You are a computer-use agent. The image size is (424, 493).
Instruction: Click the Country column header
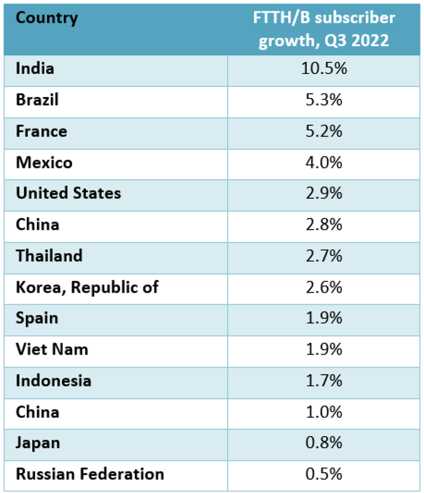[x=47, y=18]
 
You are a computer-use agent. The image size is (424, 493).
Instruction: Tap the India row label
[x=35, y=69]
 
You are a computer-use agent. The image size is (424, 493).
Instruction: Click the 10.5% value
[x=323, y=69]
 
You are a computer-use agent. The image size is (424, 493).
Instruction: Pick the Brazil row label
[x=37, y=100]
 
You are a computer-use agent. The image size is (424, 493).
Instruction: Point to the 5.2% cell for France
[x=323, y=131]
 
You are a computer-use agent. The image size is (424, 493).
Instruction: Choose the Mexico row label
[x=44, y=163]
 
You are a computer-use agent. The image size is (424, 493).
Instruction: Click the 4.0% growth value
[x=323, y=163]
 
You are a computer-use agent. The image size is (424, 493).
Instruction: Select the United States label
[x=69, y=193]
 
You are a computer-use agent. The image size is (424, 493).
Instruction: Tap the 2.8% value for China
[x=323, y=225]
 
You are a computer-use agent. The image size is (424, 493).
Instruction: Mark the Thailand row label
[x=49, y=256]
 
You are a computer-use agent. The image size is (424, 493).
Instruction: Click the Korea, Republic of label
[x=87, y=287]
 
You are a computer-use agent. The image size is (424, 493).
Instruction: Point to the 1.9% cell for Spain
[x=323, y=318]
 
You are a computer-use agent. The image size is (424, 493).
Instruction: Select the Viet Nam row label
[x=52, y=349]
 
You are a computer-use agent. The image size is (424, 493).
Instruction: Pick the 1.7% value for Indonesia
[x=323, y=381]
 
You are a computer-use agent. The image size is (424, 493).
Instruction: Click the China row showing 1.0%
[x=38, y=412]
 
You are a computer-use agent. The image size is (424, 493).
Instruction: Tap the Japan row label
[x=38, y=443]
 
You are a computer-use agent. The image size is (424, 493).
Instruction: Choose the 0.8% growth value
[x=323, y=443]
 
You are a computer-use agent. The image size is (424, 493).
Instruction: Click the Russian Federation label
[x=90, y=474]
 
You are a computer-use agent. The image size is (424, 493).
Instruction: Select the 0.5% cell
[x=323, y=474]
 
